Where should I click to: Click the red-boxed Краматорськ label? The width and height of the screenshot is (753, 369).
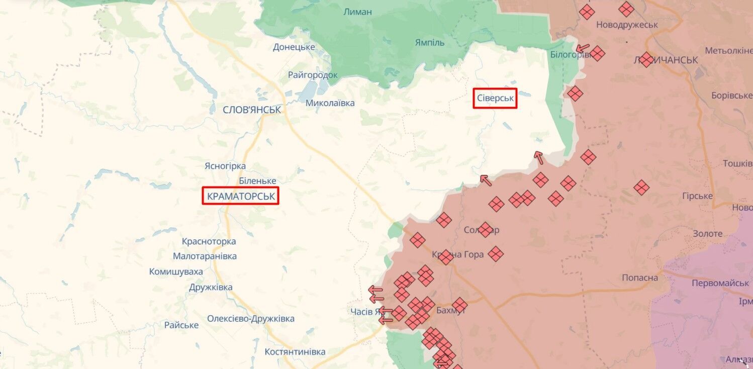click(x=240, y=196)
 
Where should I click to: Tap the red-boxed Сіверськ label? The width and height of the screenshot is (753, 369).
click(x=495, y=98)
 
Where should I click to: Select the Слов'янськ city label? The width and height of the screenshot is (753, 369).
click(x=252, y=110)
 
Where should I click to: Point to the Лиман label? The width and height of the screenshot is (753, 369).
click(x=357, y=12)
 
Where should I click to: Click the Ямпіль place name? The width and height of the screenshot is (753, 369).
click(x=430, y=42)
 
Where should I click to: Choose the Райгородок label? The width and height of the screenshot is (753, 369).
click(x=313, y=75)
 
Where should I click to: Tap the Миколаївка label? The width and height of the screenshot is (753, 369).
click(x=330, y=103)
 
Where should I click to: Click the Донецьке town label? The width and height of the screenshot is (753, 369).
click(x=294, y=47)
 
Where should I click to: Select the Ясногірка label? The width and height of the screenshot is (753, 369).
click(x=225, y=166)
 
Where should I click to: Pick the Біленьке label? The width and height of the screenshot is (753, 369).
click(x=257, y=180)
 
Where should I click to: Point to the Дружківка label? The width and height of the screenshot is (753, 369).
click(x=211, y=288)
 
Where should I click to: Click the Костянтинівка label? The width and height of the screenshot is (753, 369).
click(x=295, y=352)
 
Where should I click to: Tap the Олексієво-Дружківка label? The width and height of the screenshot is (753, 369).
click(x=251, y=319)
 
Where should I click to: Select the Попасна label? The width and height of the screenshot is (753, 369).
click(x=639, y=278)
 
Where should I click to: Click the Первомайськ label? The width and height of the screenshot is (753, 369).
click(x=720, y=283)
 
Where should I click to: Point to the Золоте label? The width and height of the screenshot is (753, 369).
click(x=707, y=234)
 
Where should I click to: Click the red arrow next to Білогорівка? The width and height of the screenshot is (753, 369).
click(x=582, y=49)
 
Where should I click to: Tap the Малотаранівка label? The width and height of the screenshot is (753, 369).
click(x=205, y=256)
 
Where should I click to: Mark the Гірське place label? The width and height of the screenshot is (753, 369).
click(x=697, y=196)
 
